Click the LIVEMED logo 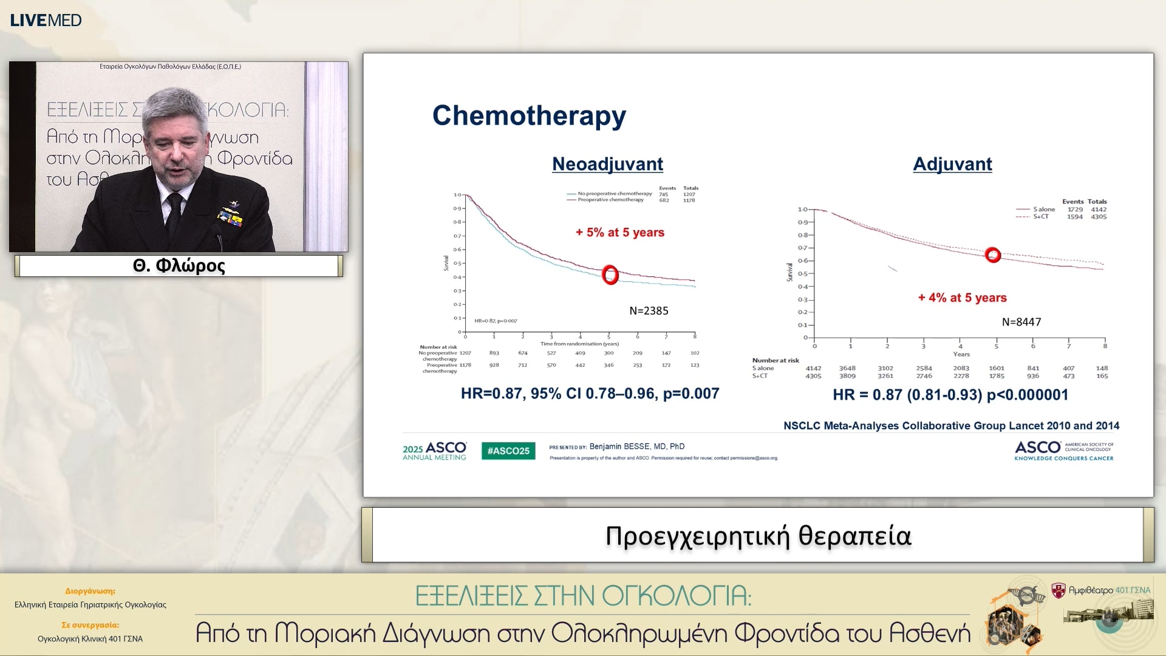(x=46, y=20)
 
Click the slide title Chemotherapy (x=528, y=115)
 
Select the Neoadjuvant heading (x=607, y=164)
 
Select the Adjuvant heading (x=952, y=164)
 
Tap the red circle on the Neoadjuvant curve (x=610, y=275)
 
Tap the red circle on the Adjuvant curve (x=992, y=255)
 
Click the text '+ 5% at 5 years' (x=619, y=233)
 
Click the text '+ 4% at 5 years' (x=962, y=298)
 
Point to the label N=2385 (x=649, y=311)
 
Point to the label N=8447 (x=1021, y=322)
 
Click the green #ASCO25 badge (x=508, y=451)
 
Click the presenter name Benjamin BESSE (x=636, y=446)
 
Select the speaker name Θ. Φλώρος (x=179, y=266)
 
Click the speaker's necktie (x=174, y=216)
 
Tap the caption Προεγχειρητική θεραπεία (x=758, y=536)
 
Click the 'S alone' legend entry (x=1043, y=209)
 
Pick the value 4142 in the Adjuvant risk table (x=813, y=368)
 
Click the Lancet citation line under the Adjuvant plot (x=951, y=426)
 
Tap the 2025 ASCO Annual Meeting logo (x=434, y=451)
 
